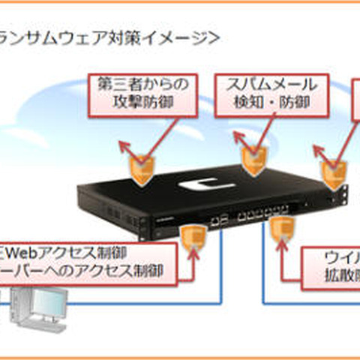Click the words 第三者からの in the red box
[x=139, y=84]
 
